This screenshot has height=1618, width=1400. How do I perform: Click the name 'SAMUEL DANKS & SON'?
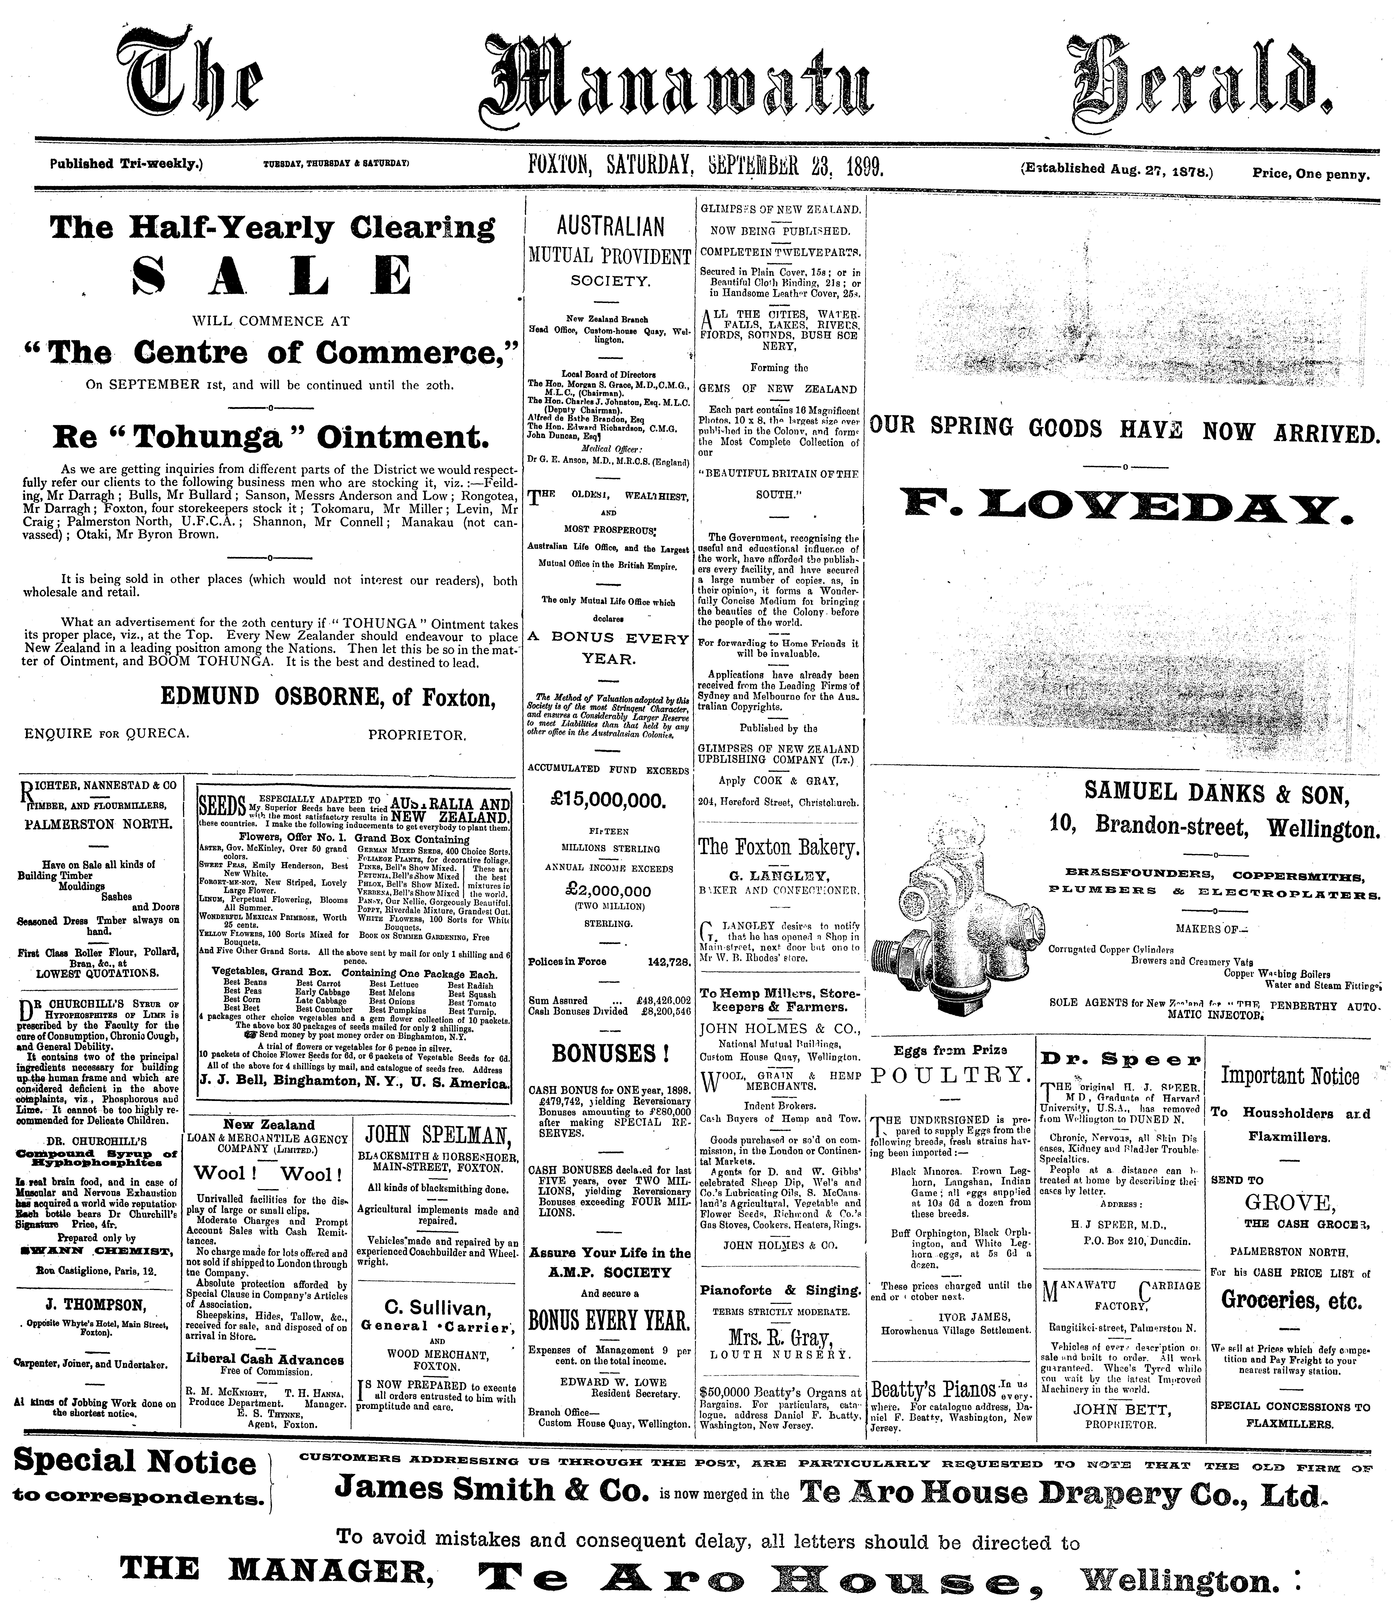click(x=1216, y=794)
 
